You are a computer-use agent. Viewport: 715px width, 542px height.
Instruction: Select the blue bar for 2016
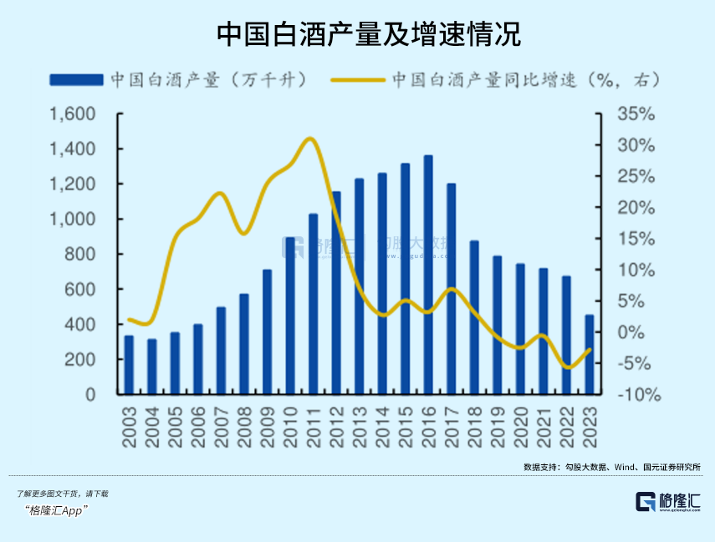point(428,274)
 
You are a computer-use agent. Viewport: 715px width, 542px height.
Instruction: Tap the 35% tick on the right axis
point(636,114)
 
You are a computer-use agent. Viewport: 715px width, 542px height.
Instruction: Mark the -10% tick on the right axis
point(636,395)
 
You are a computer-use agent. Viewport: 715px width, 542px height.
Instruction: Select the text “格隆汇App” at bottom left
point(56,510)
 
